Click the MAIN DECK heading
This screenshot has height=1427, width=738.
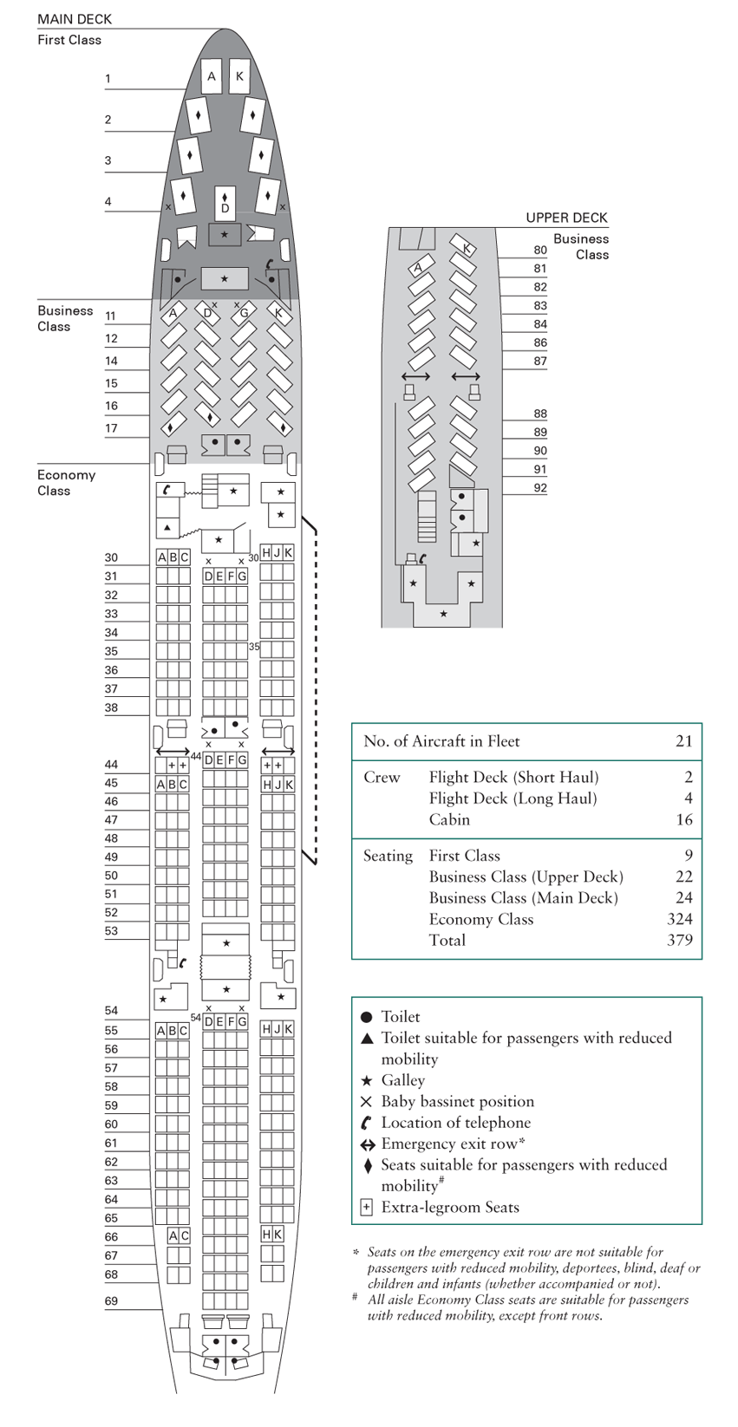coord(75,19)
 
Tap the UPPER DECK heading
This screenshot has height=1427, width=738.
coord(566,218)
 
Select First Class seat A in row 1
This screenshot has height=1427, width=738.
coord(211,76)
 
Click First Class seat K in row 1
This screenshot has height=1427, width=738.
coord(239,76)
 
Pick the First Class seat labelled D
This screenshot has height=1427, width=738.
coord(225,205)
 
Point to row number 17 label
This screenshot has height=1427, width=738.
coord(111,428)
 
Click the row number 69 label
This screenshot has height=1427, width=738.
coord(111,1300)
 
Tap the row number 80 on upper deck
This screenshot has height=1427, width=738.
coord(540,250)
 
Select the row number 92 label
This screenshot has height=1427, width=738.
coord(540,488)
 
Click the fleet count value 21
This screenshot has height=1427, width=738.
coord(683,741)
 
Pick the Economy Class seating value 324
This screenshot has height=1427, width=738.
coord(679,919)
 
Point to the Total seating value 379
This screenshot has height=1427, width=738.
coord(679,940)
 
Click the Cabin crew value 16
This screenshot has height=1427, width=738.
coord(683,819)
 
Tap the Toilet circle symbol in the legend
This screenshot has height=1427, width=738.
coord(366,1017)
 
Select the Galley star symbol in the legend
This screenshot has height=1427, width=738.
coord(366,1080)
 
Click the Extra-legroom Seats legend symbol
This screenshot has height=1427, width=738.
coord(366,1208)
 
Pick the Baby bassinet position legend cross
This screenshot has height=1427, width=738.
coord(366,1102)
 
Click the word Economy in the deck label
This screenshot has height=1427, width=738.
coord(66,475)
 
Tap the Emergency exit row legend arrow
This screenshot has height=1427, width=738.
coord(368,1144)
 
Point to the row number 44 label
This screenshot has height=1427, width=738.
coord(111,765)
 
